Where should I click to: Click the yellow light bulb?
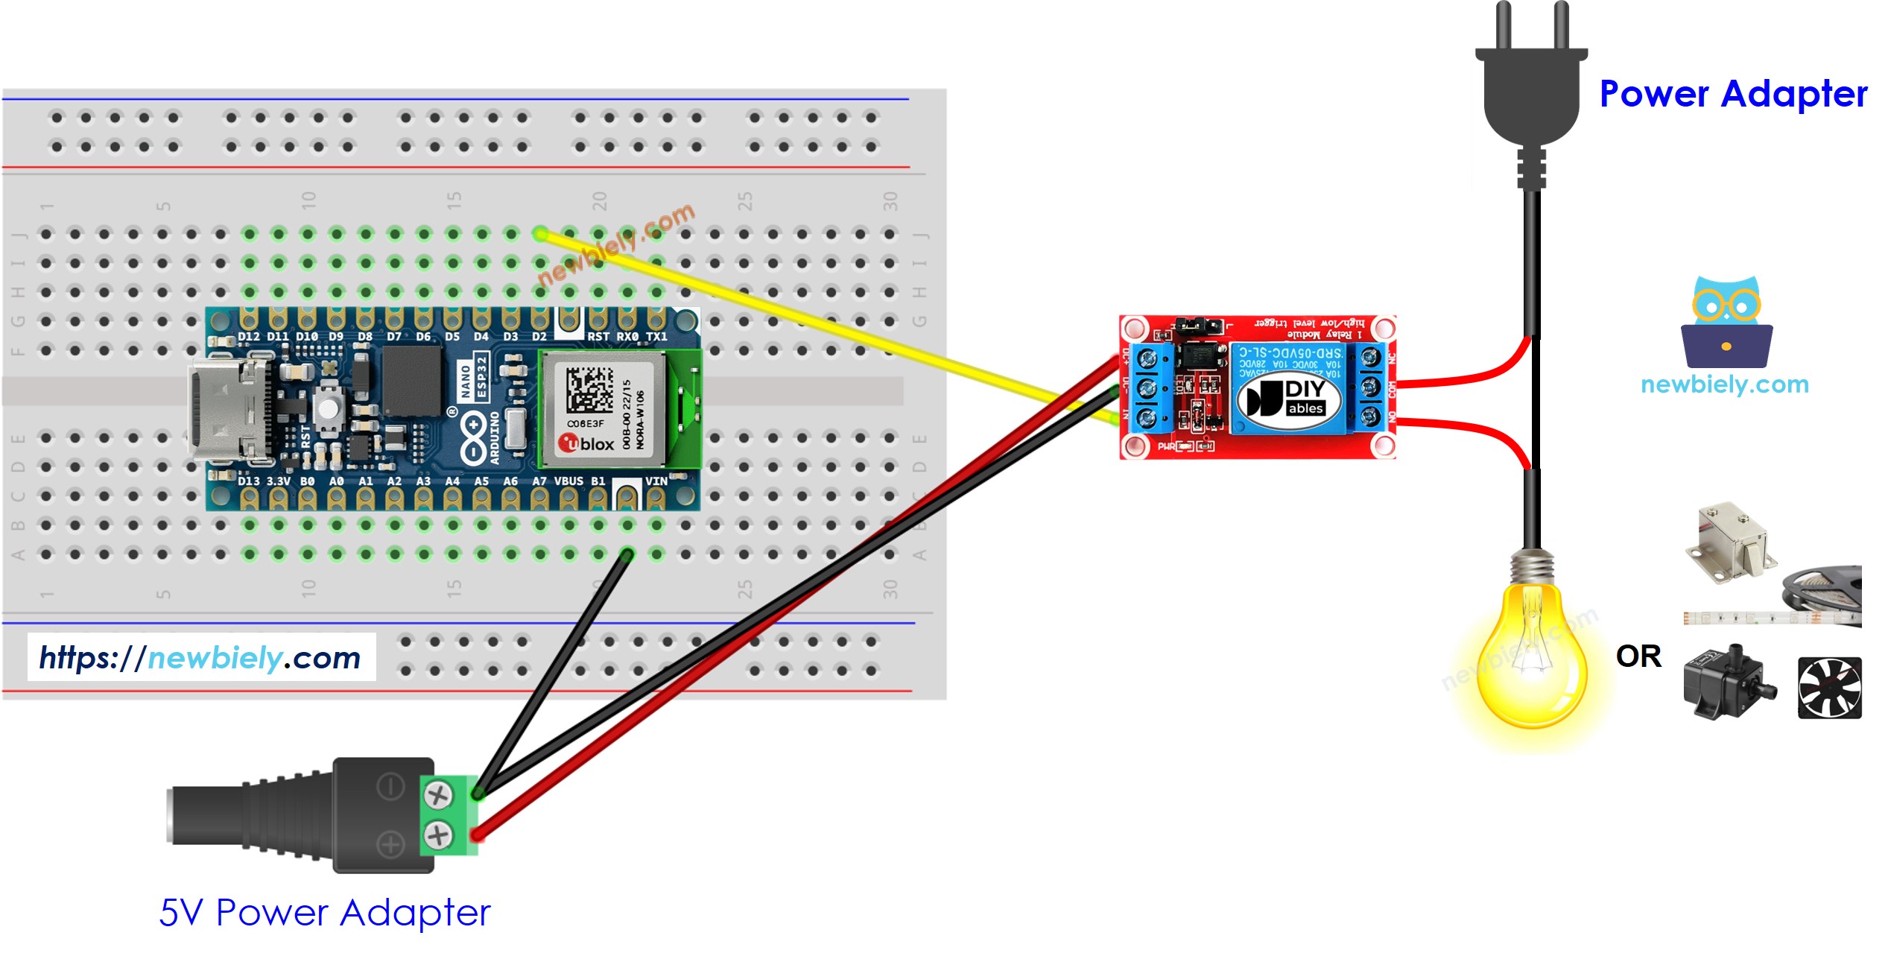click(1532, 656)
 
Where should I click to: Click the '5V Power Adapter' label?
click(325, 913)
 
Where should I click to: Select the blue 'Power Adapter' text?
click(1732, 95)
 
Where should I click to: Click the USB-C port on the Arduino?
click(224, 408)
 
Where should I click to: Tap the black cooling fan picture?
click(1829, 688)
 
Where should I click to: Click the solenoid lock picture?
click(1731, 542)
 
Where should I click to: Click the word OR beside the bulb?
click(1638, 656)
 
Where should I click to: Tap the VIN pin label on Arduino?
click(656, 481)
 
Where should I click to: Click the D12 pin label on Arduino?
click(248, 337)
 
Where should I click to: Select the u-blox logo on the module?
click(586, 444)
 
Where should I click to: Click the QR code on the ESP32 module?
click(589, 389)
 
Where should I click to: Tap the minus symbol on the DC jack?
click(390, 786)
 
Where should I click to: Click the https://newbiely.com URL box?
click(201, 657)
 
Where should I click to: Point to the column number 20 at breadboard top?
click(600, 200)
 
